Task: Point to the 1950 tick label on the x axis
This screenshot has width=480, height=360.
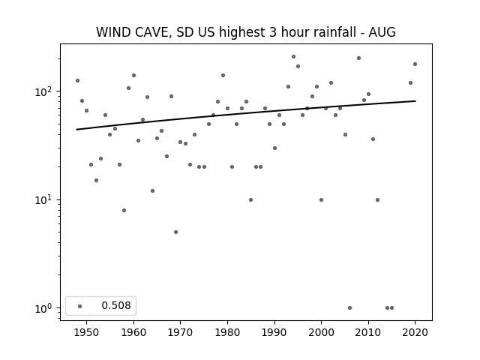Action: tap(87, 332)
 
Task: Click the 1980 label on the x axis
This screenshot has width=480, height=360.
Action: tap(227, 332)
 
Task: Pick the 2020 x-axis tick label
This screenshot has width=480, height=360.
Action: tap(415, 332)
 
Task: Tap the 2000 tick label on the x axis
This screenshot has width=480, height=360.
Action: tap(321, 332)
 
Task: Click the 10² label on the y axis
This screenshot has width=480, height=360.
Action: tap(45, 91)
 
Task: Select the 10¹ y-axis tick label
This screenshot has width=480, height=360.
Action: tap(45, 200)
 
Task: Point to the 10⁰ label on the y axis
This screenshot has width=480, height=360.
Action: tap(45, 308)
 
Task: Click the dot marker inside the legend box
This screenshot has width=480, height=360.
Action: tap(80, 306)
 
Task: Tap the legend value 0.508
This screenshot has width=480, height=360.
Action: tap(116, 305)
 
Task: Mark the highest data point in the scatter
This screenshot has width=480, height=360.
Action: tap(293, 57)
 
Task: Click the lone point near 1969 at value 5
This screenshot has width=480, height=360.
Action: tap(175, 232)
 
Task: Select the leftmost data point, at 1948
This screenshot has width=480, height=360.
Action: tap(77, 80)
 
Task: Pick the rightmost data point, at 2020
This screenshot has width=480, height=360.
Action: tap(415, 64)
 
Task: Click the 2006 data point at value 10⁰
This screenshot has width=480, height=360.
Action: tap(350, 308)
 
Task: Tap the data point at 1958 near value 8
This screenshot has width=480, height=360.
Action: tap(124, 210)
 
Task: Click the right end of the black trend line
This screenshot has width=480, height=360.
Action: tap(415, 101)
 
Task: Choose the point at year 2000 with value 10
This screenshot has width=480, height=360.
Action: tap(321, 200)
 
